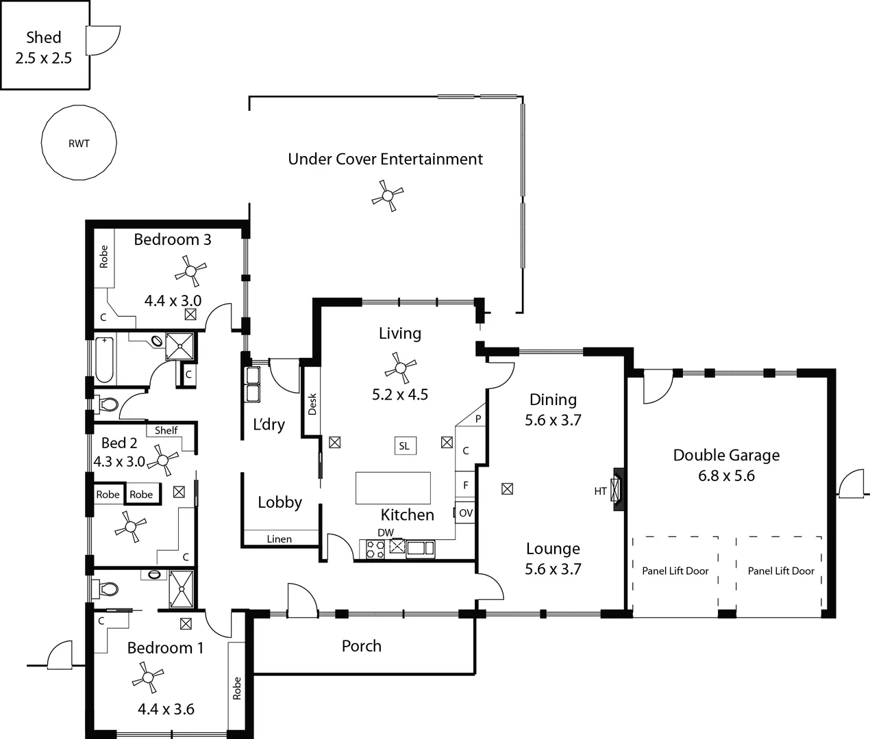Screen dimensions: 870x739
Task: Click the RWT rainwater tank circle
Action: pos(78,144)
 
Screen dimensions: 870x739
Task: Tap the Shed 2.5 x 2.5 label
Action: pos(44,48)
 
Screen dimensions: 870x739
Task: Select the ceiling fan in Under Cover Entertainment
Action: pos(387,196)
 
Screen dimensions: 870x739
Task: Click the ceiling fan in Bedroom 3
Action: pos(190,272)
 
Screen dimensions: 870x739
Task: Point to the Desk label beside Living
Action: pos(312,403)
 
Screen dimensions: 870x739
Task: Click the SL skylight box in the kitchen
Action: pos(404,445)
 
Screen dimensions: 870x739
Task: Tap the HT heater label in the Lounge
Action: pos(600,491)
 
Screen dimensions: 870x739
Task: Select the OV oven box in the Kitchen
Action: pos(465,513)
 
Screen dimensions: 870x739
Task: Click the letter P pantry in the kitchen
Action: pos(478,419)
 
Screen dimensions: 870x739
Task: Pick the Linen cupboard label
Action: pos(279,539)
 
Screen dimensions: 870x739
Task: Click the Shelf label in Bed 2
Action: pos(166,430)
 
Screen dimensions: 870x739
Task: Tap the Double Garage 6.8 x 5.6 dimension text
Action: pos(726,476)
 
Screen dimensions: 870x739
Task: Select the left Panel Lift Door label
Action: pos(675,571)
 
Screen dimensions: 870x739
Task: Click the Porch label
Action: pos(361,646)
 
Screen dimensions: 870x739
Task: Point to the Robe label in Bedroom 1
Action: pos(237,688)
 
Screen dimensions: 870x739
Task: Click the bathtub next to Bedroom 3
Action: pos(103,359)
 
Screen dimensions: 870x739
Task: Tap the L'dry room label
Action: pos(269,424)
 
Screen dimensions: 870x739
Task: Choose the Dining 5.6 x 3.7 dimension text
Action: pos(553,419)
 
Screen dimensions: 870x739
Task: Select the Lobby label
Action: pos(279,502)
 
